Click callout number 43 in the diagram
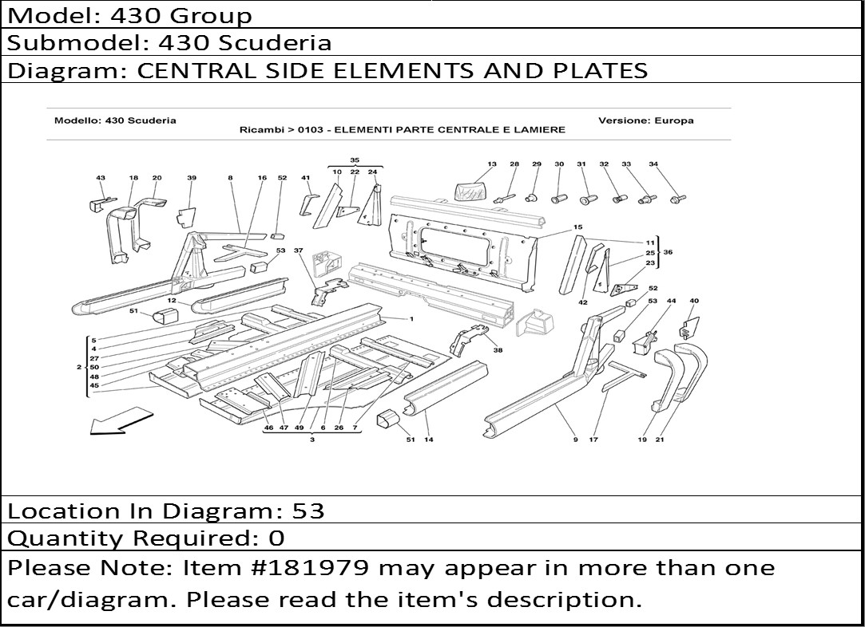(101, 178)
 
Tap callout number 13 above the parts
(492, 164)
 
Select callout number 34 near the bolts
(653, 164)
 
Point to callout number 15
(577, 227)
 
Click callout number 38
(498, 350)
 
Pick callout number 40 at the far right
(694, 301)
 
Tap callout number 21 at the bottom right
(660, 440)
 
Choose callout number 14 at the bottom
(429, 440)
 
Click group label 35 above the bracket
(355, 160)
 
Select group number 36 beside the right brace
(668, 252)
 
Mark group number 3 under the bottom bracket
(312, 440)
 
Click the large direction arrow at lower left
(121, 420)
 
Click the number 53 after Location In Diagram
(308, 511)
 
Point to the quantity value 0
(276, 538)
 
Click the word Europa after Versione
(673, 120)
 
